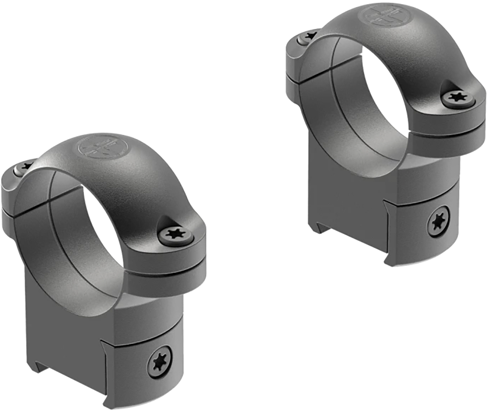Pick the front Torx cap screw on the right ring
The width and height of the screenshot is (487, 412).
[x=458, y=97]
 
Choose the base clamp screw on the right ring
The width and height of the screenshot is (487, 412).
[x=438, y=222]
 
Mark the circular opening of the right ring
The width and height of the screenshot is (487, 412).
[x=377, y=91]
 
